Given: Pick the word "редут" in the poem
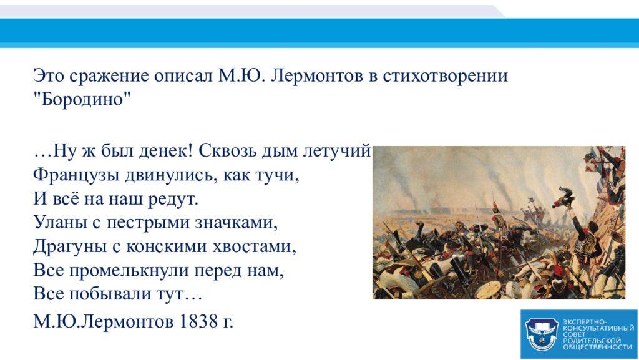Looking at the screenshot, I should tap(173, 199).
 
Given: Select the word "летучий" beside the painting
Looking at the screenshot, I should tap(338, 152).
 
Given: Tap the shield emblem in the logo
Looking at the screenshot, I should tap(541, 333).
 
